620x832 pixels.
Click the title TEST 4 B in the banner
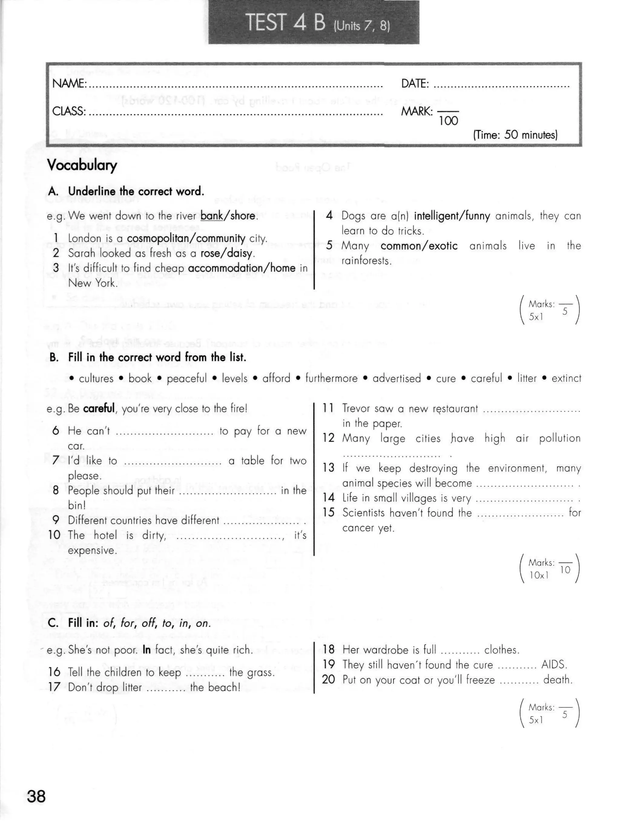pyautogui.click(x=285, y=22)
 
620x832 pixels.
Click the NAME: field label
pyautogui.click(x=69, y=83)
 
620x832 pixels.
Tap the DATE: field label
pyautogui.click(x=415, y=83)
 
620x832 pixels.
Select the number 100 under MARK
pyautogui.click(x=448, y=121)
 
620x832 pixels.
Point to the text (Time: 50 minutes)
pyautogui.click(x=515, y=135)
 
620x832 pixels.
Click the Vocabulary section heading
pyautogui.click(x=82, y=165)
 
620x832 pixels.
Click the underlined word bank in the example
pyautogui.click(x=212, y=216)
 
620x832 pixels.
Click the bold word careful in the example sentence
pyautogui.click(x=99, y=409)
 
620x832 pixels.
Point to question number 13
pyautogui.click(x=328, y=468)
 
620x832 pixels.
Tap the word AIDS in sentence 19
pyautogui.click(x=554, y=665)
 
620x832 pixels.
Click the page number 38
pyautogui.click(x=36, y=796)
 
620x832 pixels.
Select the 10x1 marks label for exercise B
pyautogui.click(x=539, y=575)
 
